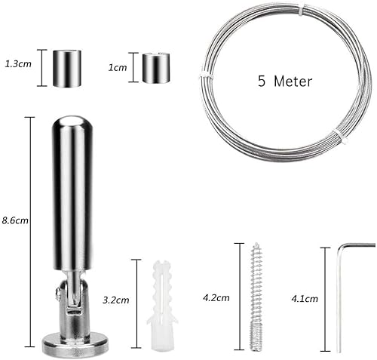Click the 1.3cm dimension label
[18, 64]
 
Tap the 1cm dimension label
[118, 67]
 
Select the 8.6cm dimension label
[15, 220]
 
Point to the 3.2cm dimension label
[116, 300]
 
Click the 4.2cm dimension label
[216, 298]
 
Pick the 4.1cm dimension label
[305, 299]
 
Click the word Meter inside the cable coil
[293, 82]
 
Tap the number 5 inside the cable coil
[262, 82]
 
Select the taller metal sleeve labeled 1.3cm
[67, 69]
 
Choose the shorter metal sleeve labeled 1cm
[156, 67]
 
